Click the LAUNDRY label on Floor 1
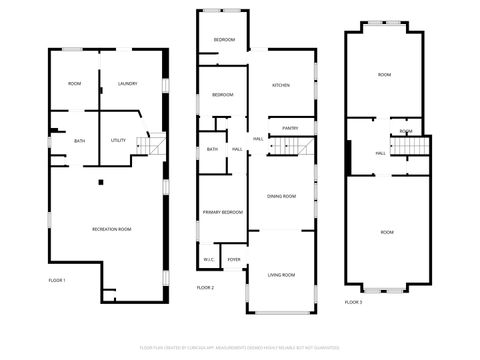127,83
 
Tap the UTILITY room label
118,140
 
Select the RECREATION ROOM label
112,229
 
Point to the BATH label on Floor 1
79,140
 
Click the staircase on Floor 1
151,147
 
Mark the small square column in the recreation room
100,181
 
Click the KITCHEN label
281,85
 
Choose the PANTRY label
290,128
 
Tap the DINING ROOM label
281,196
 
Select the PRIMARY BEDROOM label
223,212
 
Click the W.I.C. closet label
209,259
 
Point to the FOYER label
234,259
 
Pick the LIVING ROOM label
281,274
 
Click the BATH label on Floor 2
212,149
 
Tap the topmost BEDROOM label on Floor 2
224,39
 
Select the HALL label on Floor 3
381,153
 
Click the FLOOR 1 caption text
57,280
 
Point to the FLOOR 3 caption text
354,301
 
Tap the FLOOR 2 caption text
205,287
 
